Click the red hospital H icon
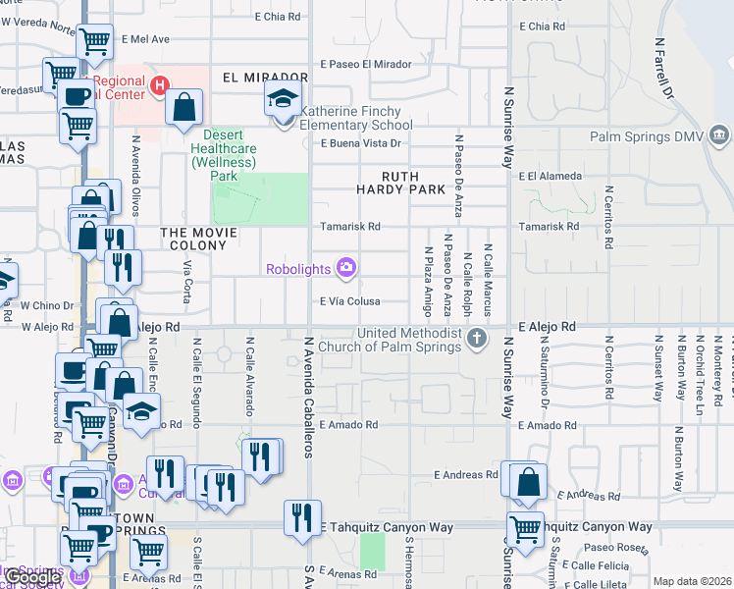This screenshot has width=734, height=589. click(160, 87)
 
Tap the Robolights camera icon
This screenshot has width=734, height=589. click(345, 267)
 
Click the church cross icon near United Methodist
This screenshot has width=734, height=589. click(477, 340)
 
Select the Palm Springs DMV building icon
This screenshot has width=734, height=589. click(718, 134)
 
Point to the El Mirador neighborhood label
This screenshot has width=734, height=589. click(259, 77)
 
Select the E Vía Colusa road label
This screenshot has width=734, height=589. click(349, 301)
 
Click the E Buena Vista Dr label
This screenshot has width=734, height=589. click(363, 143)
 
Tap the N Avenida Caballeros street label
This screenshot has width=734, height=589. click(308, 398)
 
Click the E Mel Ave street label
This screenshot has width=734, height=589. click(146, 39)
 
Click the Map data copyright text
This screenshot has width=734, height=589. click(693, 581)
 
